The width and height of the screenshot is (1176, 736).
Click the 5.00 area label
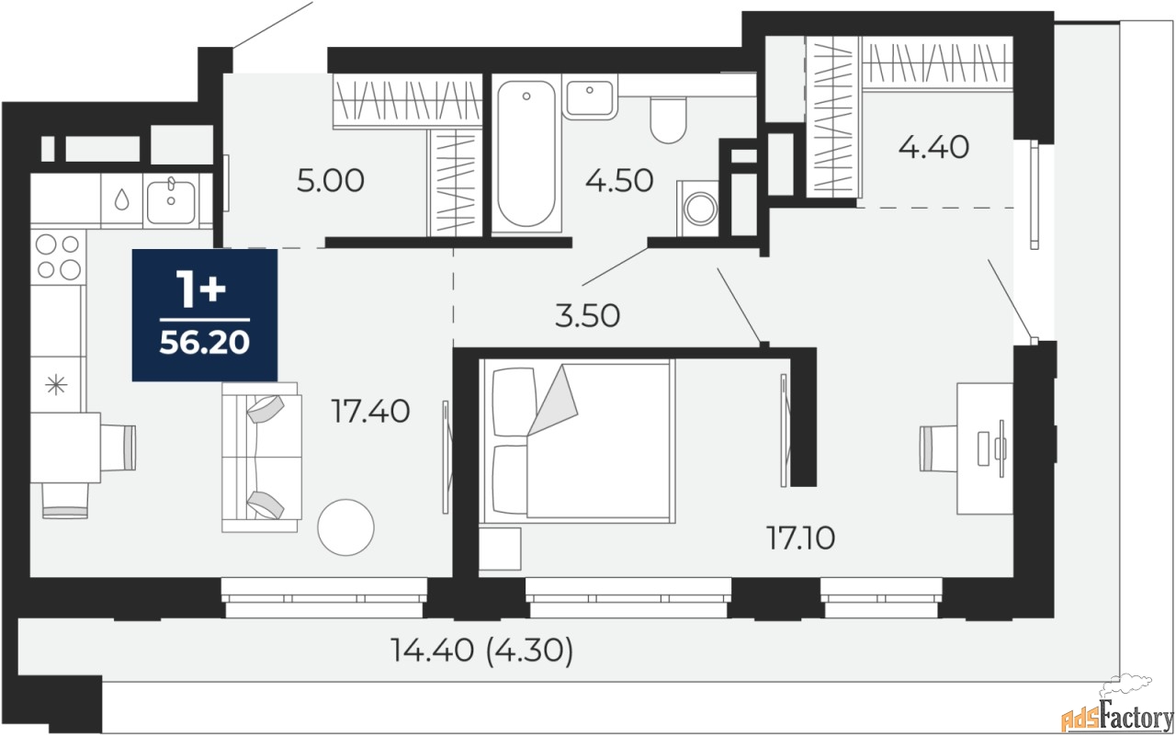[330, 181]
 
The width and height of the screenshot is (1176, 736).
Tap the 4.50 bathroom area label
[619, 181]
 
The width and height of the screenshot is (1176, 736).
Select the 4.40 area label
[933, 147]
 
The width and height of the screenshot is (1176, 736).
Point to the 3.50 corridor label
[587, 315]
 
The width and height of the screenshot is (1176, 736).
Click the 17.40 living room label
[370, 411]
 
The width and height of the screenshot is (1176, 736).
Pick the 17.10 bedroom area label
[800, 538]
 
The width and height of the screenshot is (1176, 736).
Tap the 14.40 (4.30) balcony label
[482, 651]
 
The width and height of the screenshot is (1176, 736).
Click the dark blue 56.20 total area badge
[204, 315]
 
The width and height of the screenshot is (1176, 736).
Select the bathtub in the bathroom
[526, 153]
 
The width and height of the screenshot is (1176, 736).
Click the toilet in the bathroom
[668, 120]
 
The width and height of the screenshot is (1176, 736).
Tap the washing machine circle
[700, 209]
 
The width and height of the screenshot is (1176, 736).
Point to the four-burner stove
[58, 257]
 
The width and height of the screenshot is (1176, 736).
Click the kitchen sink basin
[171, 201]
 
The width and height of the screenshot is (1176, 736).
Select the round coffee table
[345, 527]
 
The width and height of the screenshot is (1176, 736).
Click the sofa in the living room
[261, 458]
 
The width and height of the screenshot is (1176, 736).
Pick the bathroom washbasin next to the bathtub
[590, 97]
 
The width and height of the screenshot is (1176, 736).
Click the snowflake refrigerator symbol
[56, 385]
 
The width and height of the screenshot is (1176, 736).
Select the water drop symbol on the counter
[122, 199]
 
